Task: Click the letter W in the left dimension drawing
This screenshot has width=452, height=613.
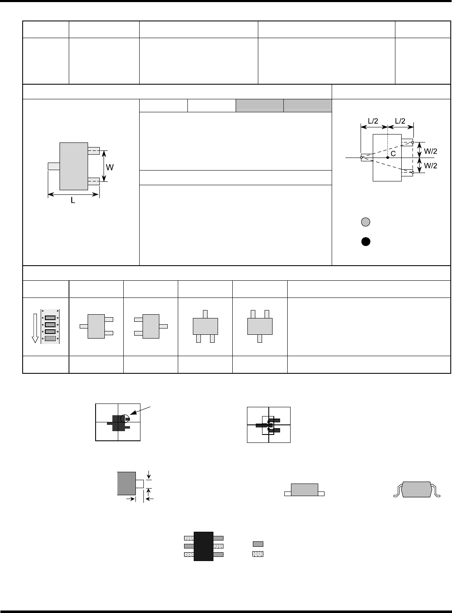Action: pyautogui.click(x=110, y=167)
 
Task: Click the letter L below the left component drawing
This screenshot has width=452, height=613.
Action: pyautogui.click(x=73, y=201)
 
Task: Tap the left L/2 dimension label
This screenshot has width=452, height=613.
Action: pyautogui.click(x=372, y=121)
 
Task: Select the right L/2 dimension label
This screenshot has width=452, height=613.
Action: pyautogui.click(x=400, y=121)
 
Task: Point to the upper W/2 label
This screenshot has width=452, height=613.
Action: pyautogui.click(x=431, y=150)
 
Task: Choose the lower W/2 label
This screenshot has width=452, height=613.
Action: pyautogui.click(x=431, y=166)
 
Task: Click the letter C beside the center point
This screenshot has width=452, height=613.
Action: pyautogui.click(x=393, y=154)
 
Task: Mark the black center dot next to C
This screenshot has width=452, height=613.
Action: pyautogui.click(x=388, y=158)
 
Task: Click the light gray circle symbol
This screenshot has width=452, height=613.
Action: pyautogui.click(x=366, y=222)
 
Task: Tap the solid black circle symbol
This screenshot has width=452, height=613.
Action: pyautogui.click(x=366, y=241)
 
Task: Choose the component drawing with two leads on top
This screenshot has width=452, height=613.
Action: pyautogui.click(x=260, y=326)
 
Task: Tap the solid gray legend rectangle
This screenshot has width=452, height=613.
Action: pyautogui.click(x=258, y=544)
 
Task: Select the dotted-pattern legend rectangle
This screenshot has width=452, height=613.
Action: pyautogui.click(x=258, y=554)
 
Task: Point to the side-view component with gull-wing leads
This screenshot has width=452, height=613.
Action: pyautogui.click(x=417, y=490)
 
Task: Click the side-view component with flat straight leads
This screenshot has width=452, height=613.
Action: pyautogui.click(x=304, y=490)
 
